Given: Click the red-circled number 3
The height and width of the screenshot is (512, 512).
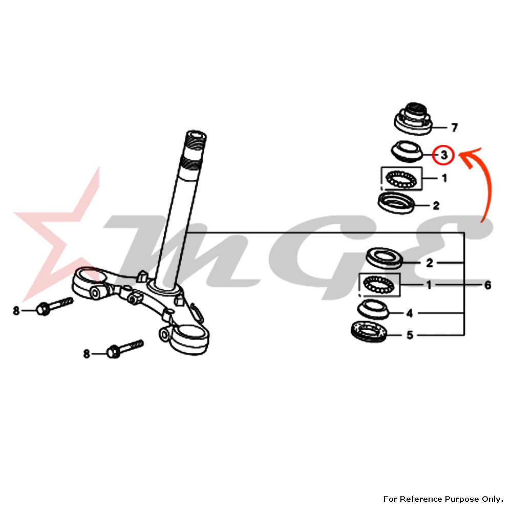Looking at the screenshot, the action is coord(444,155).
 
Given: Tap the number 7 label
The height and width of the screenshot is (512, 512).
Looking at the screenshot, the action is coord(454,127).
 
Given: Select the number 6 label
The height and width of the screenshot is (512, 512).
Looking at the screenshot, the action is coord(487,285).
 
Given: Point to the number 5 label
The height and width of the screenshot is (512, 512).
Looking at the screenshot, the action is coord(410,335).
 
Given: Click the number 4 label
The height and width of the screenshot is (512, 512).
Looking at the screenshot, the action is coord(410,313).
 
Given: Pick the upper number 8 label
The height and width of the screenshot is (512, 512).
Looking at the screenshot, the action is coord(16,311).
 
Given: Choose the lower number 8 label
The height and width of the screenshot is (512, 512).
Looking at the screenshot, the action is coord(86,354).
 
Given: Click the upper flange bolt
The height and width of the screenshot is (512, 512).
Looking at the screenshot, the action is coord(54,306).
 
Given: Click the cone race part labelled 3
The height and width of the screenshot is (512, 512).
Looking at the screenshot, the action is coord(407,151).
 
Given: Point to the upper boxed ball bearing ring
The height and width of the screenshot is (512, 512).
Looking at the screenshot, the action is coord(401,179).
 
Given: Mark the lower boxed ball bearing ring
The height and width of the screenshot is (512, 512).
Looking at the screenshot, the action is coord(379,285).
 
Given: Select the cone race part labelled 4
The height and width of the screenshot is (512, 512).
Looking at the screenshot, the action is coord(373,309).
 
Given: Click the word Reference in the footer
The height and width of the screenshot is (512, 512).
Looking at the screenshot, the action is coord(419,499).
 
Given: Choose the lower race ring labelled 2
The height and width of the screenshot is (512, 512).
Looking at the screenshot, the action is coord(385,258).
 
